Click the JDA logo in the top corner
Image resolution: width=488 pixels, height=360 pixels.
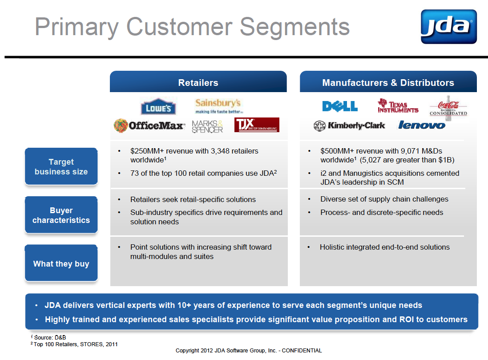tap(448, 26)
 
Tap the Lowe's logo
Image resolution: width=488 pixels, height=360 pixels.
tap(158, 106)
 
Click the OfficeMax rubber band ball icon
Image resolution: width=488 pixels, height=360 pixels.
tap(121, 125)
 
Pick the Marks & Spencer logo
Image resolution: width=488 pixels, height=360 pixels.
tap(207, 126)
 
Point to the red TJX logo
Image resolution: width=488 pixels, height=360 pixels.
tap(257, 125)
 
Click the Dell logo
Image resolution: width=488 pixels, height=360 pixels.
tap(340, 106)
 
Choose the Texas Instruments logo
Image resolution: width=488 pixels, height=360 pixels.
tap(398, 105)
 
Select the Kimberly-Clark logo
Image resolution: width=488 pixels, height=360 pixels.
tap(349, 125)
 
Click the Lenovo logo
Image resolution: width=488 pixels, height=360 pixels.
tap(422, 125)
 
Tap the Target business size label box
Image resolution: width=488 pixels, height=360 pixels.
tap(61, 166)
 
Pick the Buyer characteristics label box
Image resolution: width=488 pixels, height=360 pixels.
tap(61, 215)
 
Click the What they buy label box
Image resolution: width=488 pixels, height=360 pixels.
tap(61, 263)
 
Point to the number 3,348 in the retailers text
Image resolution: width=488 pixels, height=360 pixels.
tap(220, 151)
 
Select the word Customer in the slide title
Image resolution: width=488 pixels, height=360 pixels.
tap(179, 27)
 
